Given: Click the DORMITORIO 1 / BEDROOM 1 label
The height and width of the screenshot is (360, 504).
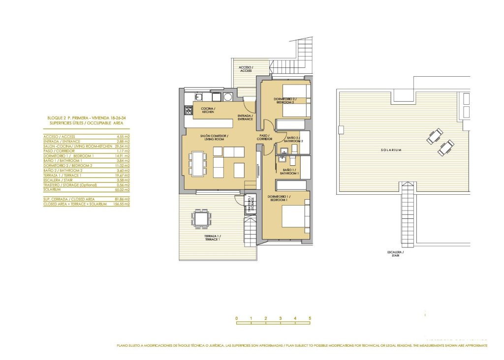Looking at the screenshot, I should tap(279, 198).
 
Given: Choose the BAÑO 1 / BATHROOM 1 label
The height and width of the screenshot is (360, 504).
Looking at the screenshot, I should tap(289, 172).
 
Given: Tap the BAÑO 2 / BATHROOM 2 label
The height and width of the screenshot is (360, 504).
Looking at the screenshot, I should tap(296, 139).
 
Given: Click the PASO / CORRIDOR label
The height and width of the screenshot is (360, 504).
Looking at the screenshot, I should tap(264, 137).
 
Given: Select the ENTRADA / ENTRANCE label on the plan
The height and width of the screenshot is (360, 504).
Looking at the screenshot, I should tap(245, 118).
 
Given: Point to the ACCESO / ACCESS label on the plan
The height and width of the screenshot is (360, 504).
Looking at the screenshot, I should tap(246, 69).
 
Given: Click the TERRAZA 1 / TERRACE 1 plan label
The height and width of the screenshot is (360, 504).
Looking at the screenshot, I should tap(212, 238).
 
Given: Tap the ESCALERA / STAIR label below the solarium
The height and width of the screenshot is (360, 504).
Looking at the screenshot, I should tap(395, 254).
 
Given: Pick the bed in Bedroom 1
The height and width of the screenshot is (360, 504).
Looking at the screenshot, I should tap(294, 217).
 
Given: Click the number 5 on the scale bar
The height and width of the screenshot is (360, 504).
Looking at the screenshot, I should tap(310, 319).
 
